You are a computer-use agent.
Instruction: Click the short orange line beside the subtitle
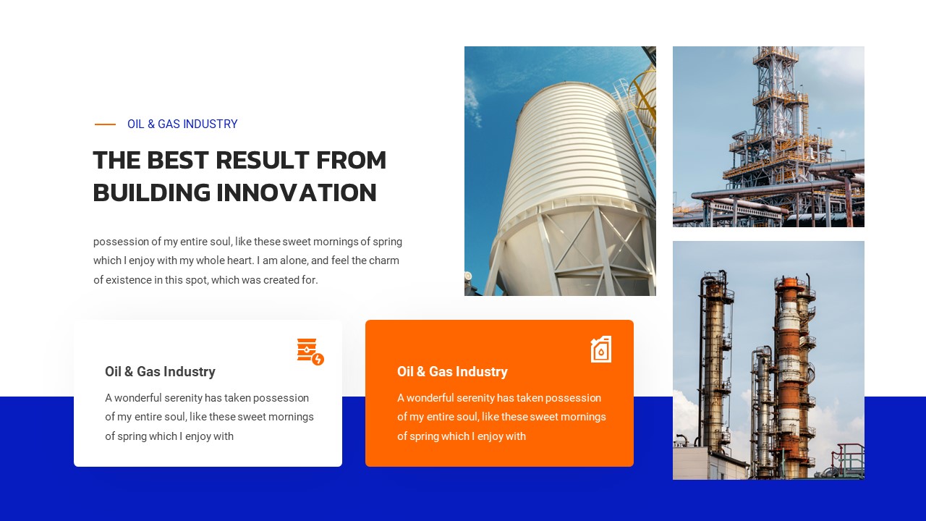[105, 124]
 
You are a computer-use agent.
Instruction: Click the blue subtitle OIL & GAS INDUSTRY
[182, 124]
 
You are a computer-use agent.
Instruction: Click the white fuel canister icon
[601, 350]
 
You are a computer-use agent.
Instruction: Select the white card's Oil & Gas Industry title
[160, 372]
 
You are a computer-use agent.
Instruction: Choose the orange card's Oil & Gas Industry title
[452, 372]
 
